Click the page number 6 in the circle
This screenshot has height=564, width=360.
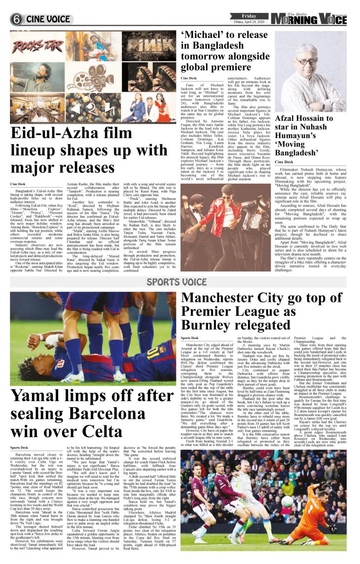17,20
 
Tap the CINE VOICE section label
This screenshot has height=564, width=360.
48,20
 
